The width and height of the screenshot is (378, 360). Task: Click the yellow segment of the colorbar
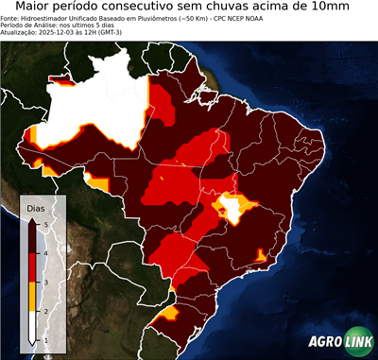(x=32, y=296)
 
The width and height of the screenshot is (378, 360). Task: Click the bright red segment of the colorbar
(x=32, y=266)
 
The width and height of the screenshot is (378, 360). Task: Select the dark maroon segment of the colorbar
(x=32, y=237)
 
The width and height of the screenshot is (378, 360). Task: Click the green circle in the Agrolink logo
(x=357, y=342)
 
